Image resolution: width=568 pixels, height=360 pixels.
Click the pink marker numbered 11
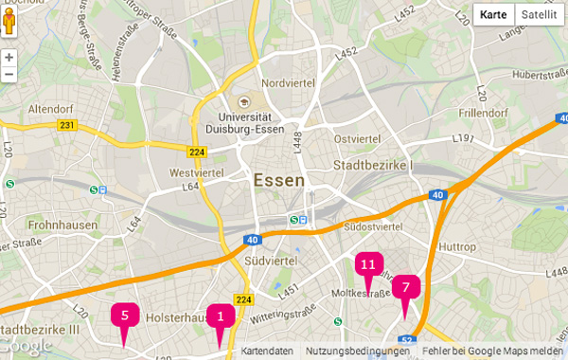pos(368,264)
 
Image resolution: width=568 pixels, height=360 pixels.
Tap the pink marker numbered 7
pos(405,287)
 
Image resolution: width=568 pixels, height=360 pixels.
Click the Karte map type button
pos(493,15)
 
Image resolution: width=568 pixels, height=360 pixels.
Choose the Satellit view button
pos(539,15)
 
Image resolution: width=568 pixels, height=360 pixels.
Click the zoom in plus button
pos(9,57)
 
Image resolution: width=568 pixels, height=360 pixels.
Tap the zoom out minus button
pos(9,74)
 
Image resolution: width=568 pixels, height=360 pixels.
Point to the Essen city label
pos(279,180)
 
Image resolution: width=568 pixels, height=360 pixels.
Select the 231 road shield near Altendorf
pos(66,125)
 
